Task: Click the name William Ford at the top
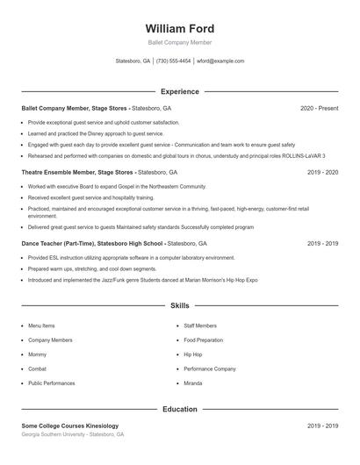click(x=179, y=29)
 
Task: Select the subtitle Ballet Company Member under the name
click(x=179, y=42)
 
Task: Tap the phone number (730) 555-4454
click(x=173, y=61)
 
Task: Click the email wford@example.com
click(x=220, y=61)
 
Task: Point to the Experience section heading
click(x=179, y=91)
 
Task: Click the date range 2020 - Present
click(x=319, y=108)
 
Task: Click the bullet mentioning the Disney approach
click(x=96, y=133)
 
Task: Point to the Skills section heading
click(x=179, y=306)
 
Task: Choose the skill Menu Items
click(x=41, y=325)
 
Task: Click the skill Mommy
click(x=37, y=354)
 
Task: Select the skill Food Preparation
click(x=203, y=340)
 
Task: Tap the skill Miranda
click(x=193, y=383)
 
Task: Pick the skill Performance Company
click(x=210, y=369)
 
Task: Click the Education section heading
click(x=179, y=409)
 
